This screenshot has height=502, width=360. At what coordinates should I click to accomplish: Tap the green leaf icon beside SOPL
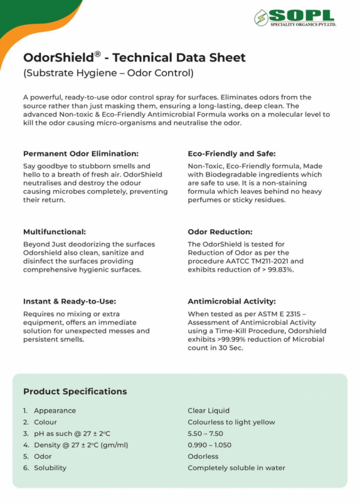261,18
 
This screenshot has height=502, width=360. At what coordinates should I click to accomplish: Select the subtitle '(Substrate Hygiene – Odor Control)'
108,74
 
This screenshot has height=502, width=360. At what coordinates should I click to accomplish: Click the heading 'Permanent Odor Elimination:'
81,153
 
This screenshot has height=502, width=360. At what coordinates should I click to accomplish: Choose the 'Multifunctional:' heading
54,231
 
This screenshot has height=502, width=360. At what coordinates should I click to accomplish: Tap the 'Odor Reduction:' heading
220,231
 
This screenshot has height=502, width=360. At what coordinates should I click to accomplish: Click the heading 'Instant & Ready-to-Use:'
70,301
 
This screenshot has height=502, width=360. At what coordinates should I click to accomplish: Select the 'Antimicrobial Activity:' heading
231,301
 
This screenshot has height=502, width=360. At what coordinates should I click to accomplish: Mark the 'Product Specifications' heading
75,391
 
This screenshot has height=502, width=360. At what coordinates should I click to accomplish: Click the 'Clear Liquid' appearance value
208,411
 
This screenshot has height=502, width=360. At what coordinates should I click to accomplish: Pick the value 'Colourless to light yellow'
231,422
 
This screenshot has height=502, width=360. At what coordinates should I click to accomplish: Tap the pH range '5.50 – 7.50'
206,433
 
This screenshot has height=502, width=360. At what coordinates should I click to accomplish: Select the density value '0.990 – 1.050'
209,445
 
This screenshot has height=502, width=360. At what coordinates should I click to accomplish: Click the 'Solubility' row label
50,468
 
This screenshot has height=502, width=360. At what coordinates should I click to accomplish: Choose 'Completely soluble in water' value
236,468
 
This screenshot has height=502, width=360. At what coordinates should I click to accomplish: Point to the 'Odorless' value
203,456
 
